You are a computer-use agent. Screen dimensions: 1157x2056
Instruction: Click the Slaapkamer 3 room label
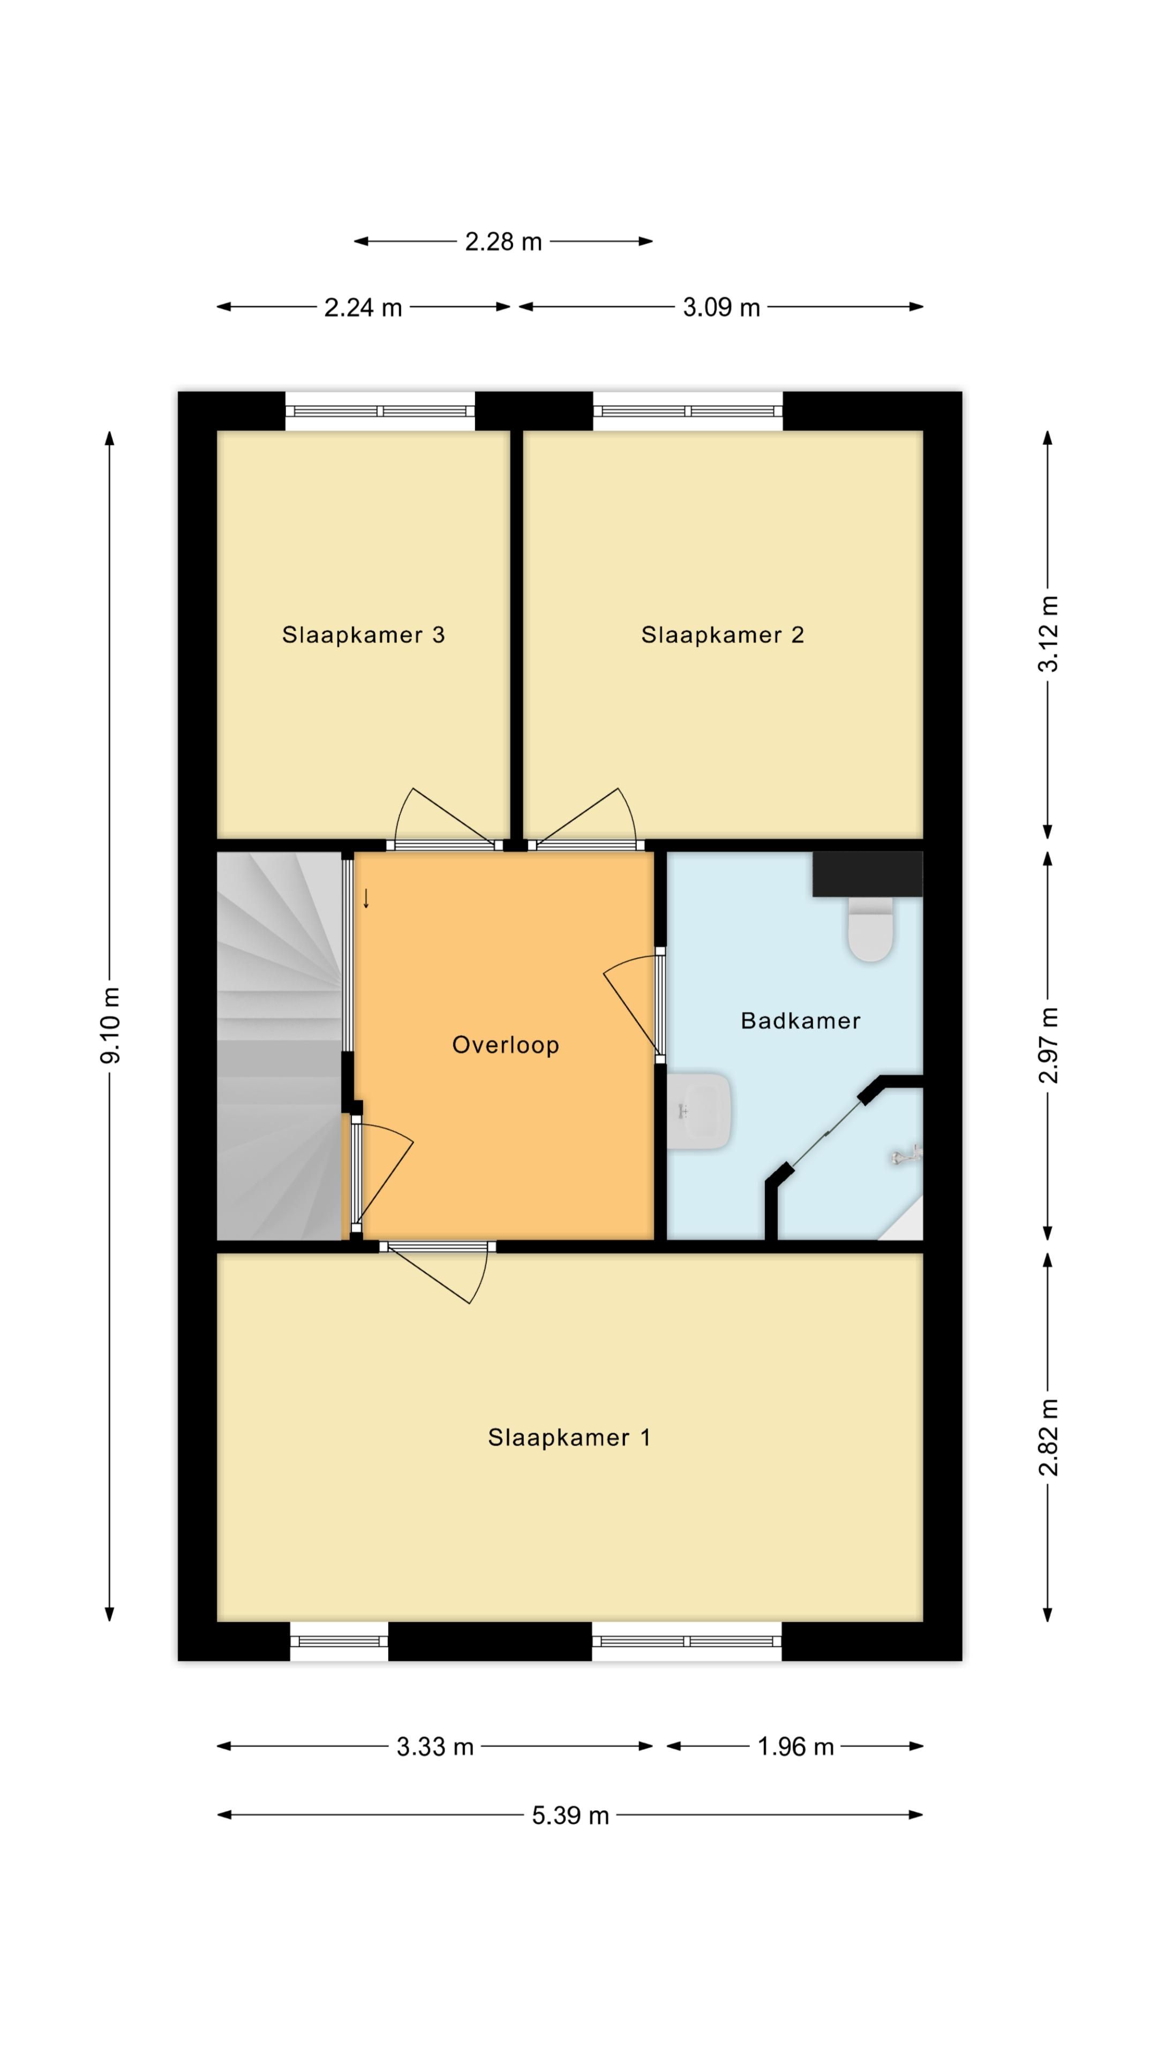[x=363, y=636]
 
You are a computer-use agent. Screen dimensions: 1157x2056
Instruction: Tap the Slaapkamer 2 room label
[x=723, y=636]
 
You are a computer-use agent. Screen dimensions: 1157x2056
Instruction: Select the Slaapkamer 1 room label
[x=569, y=1438]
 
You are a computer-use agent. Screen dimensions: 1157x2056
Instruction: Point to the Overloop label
[x=506, y=1046]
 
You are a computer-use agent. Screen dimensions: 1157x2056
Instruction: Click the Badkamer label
[x=801, y=1021]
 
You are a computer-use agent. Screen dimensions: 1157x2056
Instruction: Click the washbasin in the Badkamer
[x=700, y=1111]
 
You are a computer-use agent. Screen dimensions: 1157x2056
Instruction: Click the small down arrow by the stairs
[x=366, y=899]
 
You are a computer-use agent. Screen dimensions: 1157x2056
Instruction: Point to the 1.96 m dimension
[x=795, y=1747]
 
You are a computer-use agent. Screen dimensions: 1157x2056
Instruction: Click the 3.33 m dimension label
[x=435, y=1747]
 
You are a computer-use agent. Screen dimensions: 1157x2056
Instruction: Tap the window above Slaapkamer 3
[x=380, y=411]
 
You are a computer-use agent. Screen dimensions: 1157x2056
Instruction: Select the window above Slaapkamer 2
[x=687, y=411]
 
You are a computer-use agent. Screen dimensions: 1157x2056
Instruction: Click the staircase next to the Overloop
[x=280, y=1046]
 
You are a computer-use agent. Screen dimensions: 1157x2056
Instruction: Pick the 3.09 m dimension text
[x=722, y=307]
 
